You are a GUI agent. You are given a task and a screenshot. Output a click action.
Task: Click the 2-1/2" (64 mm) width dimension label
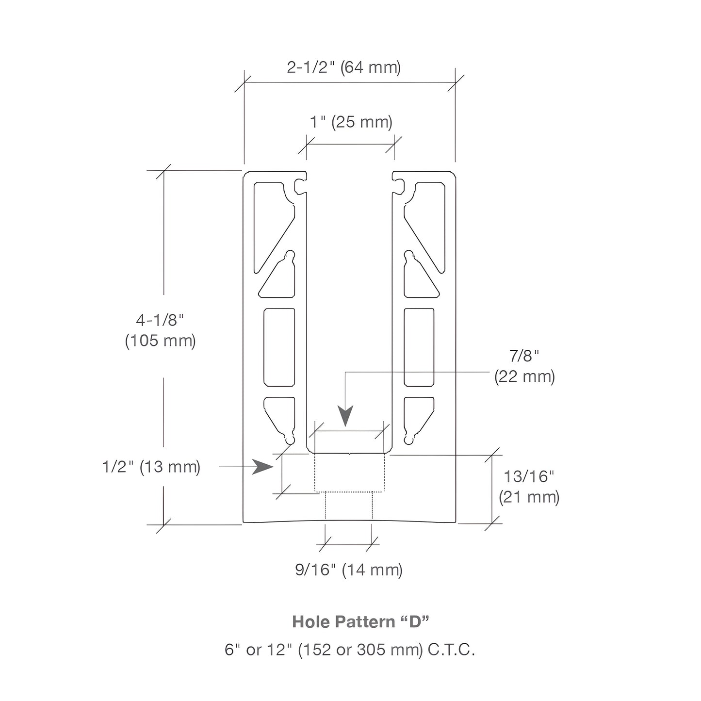344,67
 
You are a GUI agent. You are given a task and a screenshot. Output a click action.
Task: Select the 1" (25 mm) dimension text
351,122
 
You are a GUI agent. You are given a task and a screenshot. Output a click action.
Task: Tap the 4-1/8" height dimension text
160,320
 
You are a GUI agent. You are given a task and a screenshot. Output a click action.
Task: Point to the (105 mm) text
161,341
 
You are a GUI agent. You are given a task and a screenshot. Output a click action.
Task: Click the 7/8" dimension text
524,356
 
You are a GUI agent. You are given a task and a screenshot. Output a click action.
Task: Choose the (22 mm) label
524,376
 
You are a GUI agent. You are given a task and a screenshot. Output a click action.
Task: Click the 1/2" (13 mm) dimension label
151,467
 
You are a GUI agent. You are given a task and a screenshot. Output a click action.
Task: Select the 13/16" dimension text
529,476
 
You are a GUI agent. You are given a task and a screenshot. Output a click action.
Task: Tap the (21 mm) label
529,497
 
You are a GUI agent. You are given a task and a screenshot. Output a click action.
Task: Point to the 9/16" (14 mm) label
349,570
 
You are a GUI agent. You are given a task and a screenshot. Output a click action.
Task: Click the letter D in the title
415,622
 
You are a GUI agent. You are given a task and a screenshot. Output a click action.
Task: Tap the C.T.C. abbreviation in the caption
451,650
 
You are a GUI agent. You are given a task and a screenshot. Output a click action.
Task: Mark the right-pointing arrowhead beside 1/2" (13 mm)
262,466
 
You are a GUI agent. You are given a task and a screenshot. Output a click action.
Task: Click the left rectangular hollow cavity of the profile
279,347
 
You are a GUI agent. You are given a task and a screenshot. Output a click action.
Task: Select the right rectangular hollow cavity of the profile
419,347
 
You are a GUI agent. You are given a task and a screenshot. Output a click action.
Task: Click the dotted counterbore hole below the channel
350,473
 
